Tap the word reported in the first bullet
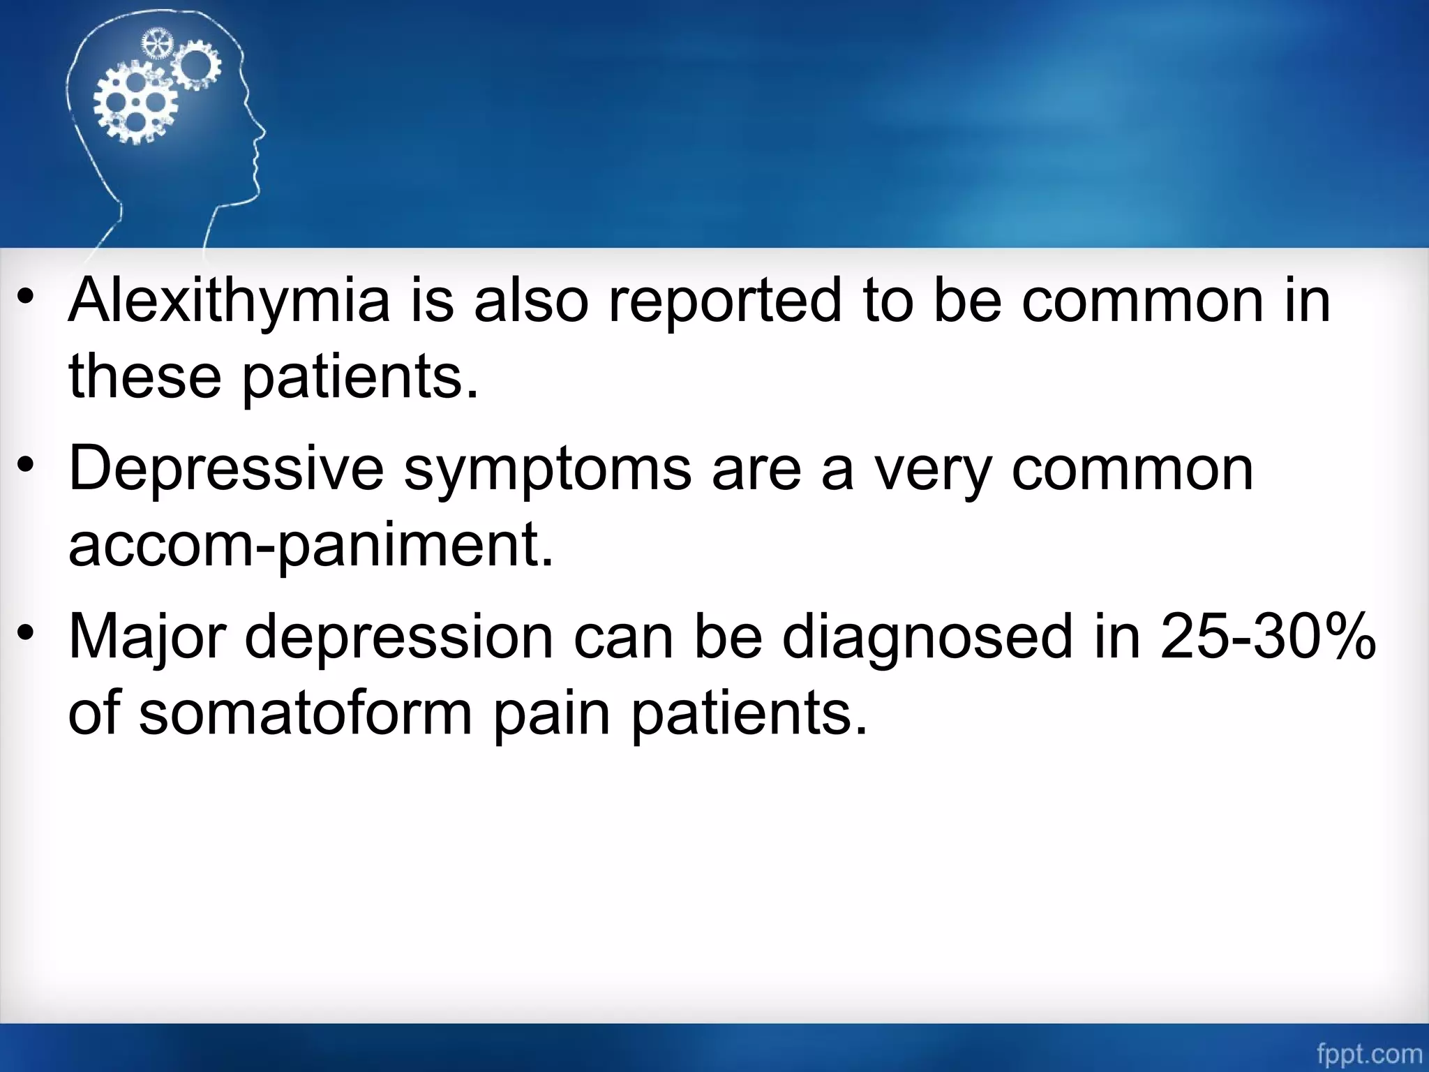(x=726, y=301)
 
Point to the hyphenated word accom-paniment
(x=311, y=546)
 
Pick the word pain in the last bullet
(x=552, y=715)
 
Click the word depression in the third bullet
(x=398, y=638)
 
